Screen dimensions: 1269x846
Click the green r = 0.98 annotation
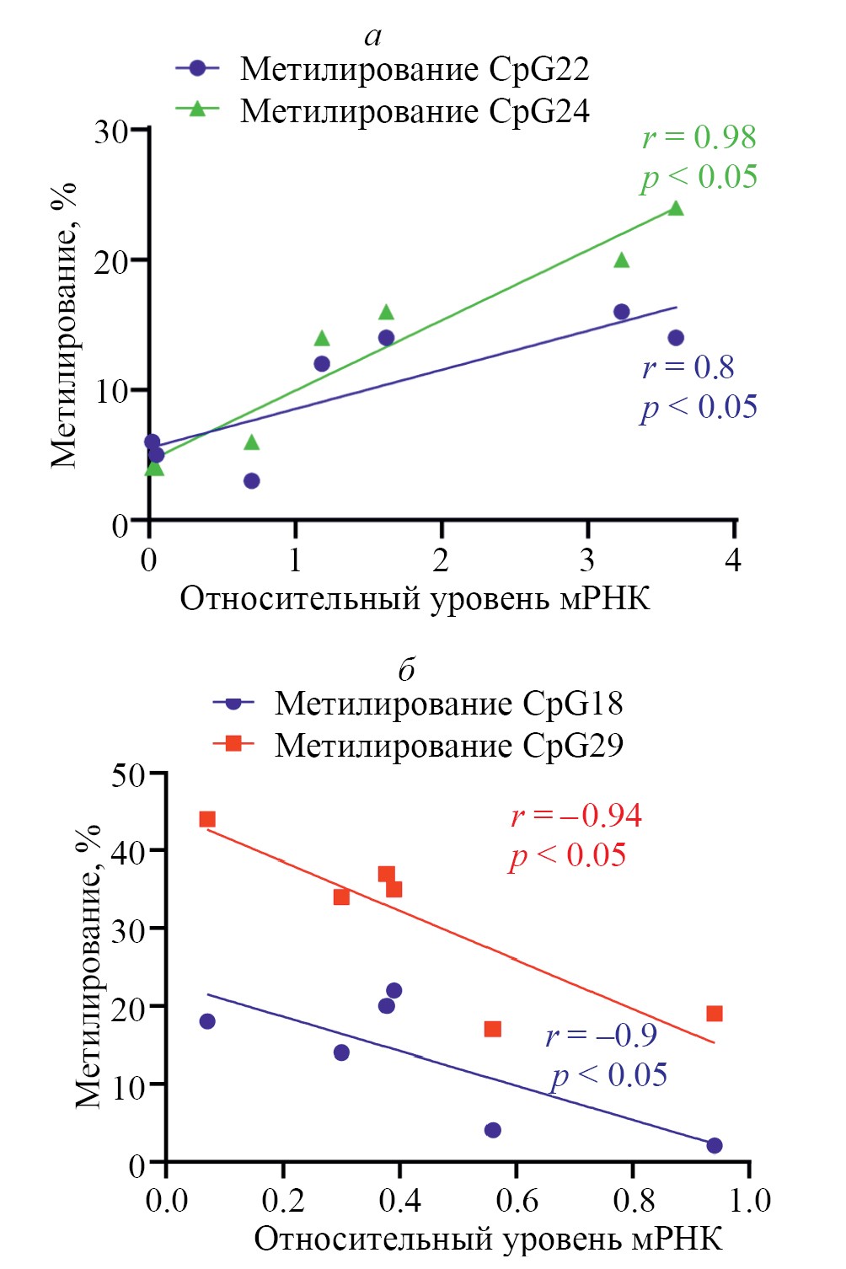pyautogui.click(x=699, y=137)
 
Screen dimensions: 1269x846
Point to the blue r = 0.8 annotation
pyautogui.click(x=688, y=367)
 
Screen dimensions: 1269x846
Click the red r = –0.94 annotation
pyautogui.click(x=576, y=816)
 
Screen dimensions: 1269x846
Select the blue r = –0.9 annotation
pyautogui.click(x=601, y=1035)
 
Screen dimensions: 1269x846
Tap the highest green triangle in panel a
pyautogui.click(x=676, y=208)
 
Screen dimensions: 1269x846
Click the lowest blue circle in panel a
pyautogui.click(x=251, y=481)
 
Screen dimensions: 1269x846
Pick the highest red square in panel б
pyautogui.click(x=207, y=819)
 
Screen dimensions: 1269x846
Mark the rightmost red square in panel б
pyautogui.click(x=715, y=1014)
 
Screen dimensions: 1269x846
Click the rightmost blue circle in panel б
pyautogui.click(x=715, y=1145)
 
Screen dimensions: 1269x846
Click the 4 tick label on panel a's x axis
pyautogui.click(x=733, y=560)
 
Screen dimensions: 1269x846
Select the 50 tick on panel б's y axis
pyautogui.click(x=128, y=774)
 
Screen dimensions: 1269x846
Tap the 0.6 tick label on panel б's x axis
pyautogui.click(x=517, y=1200)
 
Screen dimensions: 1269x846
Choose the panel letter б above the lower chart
pyautogui.click(x=407, y=669)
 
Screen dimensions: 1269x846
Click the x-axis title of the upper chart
pyautogui.click(x=415, y=599)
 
